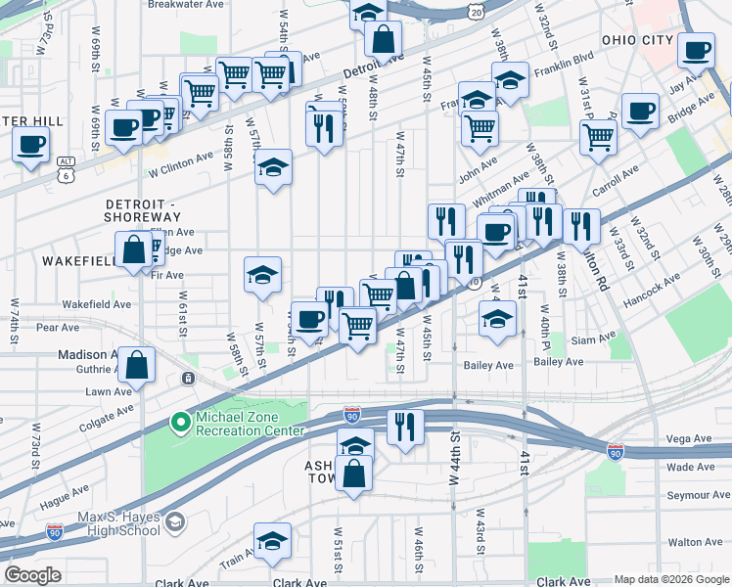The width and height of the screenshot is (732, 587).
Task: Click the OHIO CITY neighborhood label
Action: click(x=637, y=40)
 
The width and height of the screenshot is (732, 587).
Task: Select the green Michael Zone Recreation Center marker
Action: click(x=180, y=423)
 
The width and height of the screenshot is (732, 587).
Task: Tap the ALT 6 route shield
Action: click(x=66, y=168)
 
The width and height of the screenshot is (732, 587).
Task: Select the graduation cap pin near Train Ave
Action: click(x=272, y=541)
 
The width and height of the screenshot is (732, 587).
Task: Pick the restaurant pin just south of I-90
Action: click(x=402, y=427)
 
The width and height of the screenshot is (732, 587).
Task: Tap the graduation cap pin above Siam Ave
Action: click(x=497, y=318)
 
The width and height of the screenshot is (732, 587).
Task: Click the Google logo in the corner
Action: click(x=32, y=575)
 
